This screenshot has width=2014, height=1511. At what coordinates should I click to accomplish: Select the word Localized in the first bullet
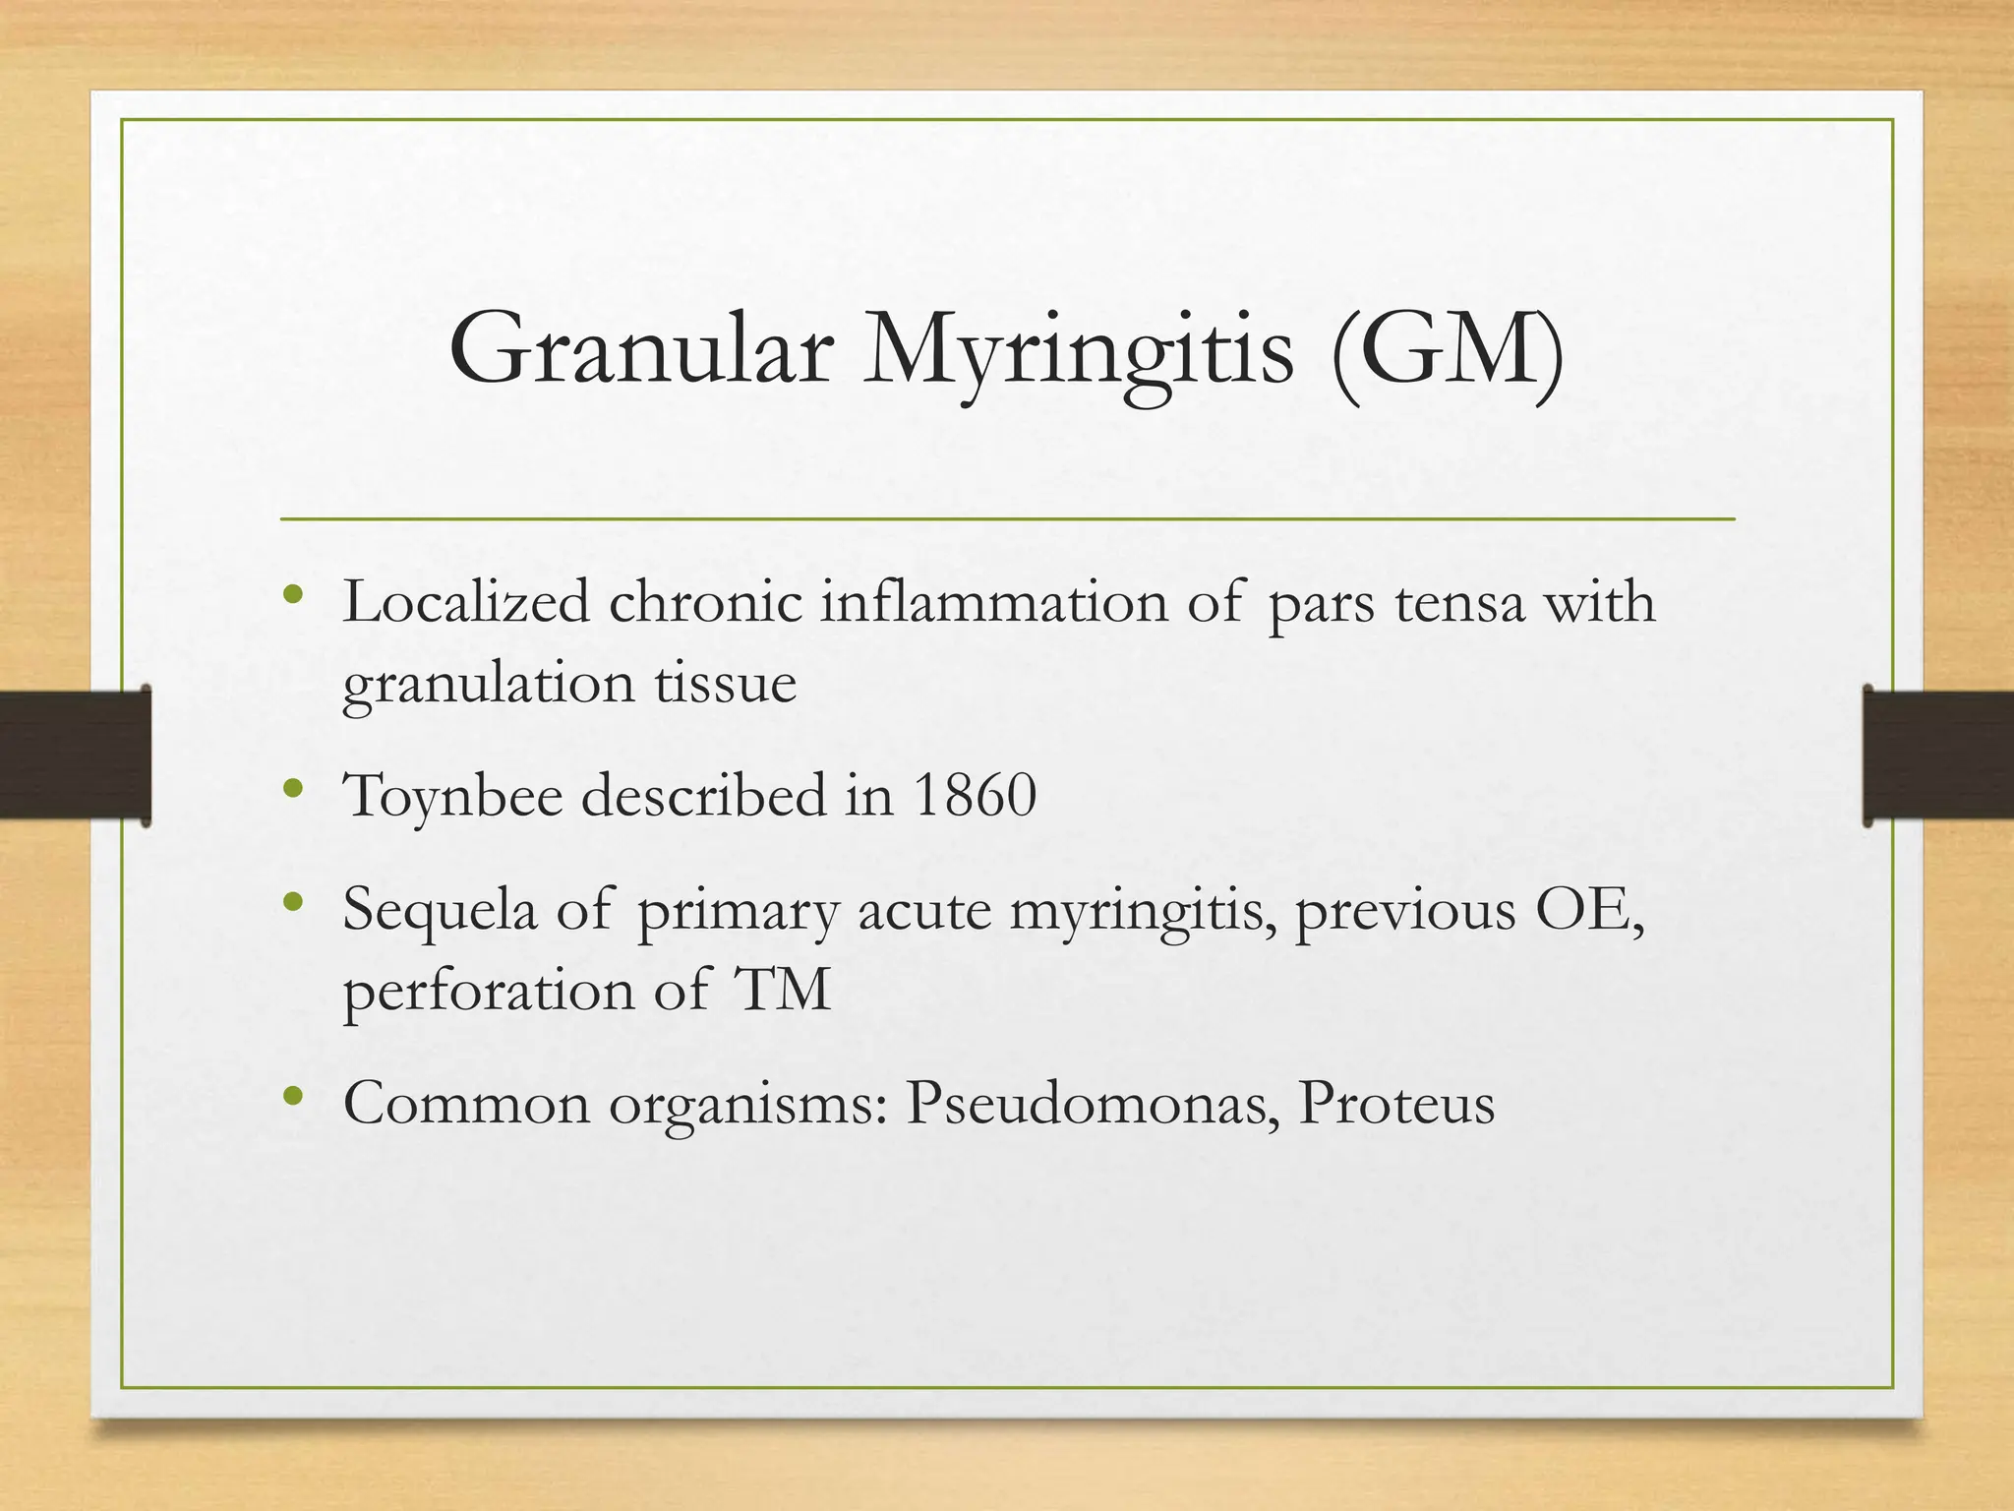(466, 601)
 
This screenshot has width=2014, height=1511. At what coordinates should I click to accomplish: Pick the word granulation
(488, 684)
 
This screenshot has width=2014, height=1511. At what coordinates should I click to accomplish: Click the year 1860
(975, 795)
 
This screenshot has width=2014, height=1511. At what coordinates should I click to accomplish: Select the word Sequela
(440, 909)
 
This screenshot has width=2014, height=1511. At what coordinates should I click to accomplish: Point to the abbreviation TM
(783, 990)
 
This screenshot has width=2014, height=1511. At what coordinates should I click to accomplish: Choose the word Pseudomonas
(1093, 1103)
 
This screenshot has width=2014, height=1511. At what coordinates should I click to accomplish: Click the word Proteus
(1396, 1103)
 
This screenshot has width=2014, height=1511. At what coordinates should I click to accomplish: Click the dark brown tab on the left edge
(75, 755)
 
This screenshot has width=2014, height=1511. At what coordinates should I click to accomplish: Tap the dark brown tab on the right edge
(1938, 755)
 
